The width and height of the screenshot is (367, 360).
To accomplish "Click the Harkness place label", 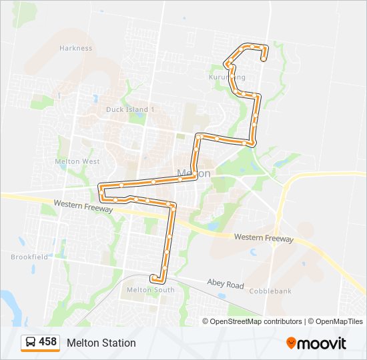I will point(75,48).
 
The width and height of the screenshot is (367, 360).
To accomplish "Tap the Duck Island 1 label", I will point(130,109).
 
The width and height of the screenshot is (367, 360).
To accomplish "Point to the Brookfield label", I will point(29,257).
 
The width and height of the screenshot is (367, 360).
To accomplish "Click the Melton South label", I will point(150,290).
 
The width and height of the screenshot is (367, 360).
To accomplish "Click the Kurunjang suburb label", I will point(227,77).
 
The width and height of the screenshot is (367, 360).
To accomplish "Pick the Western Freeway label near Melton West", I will point(84,205).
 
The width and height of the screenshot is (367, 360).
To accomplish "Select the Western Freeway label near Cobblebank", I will point(264,238).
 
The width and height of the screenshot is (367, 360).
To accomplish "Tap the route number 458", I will point(48,342).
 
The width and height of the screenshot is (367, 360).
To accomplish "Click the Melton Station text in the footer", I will point(101,343).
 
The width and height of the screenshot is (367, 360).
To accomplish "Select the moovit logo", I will point(316,343).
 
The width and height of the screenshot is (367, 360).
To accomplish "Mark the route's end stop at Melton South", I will point(153,276).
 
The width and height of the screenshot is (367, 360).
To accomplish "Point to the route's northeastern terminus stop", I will point(264,59).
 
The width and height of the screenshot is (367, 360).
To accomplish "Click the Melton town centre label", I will point(194,173).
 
